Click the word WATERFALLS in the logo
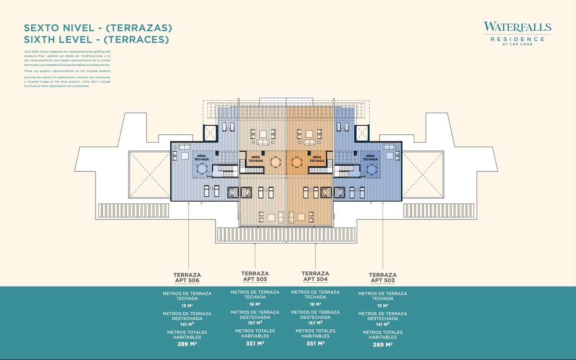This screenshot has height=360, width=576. (x=517, y=27)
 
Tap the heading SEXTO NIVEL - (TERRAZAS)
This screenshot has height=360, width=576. (x=98, y=28)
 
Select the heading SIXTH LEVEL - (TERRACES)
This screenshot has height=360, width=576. (x=96, y=40)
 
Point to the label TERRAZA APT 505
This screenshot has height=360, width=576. (x=255, y=276)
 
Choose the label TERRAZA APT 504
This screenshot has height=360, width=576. (x=315, y=276)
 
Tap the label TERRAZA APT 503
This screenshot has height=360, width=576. (x=383, y=277)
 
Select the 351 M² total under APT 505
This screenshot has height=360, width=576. (x=255, y=343)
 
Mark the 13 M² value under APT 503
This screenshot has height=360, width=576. (x=383, y=305)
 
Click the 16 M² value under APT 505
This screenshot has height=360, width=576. (x=255, y=304)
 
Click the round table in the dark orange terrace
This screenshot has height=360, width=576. (x=297, y=162)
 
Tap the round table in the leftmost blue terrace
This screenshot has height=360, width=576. (x=202, y=168)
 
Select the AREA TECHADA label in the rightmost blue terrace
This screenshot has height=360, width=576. (x=370, y=157)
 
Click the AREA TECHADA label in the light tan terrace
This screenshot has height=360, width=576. (x=256, y=159)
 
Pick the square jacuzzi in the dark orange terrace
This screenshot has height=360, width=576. (x=326, y=192)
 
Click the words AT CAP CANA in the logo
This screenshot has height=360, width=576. (x=517, y=44)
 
